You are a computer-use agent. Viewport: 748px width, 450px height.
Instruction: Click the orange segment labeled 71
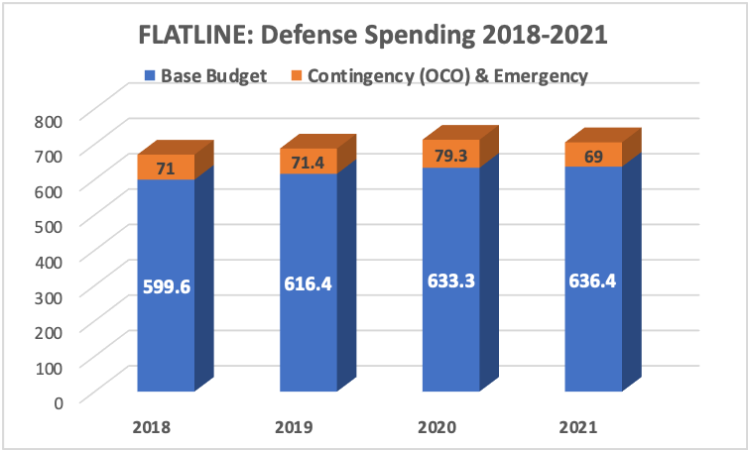point(166,169)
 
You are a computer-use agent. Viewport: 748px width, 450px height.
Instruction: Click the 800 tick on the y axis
point(49,120)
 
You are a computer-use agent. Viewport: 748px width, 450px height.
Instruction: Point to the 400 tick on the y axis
point(49,261)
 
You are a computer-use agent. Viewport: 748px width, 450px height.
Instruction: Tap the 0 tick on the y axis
point(58,401)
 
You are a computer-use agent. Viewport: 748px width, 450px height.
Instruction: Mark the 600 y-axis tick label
point(49,190)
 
